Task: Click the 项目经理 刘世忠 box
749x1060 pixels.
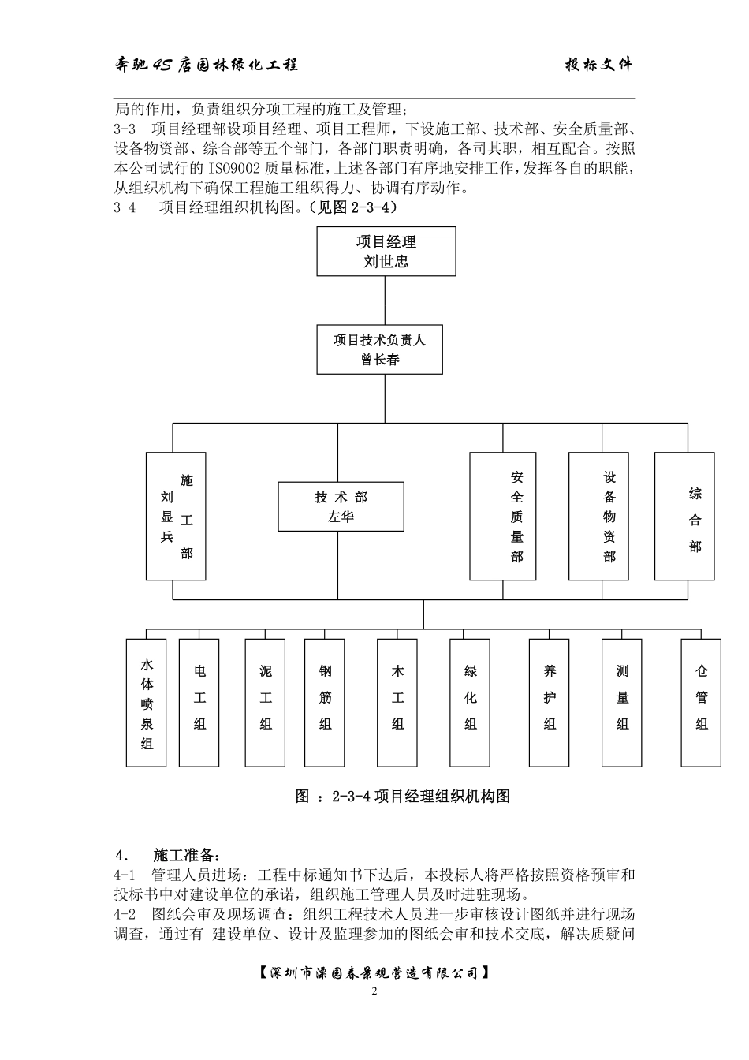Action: click(x=386, y=252)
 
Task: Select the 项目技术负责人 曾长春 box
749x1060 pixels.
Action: click(x=380, y=349)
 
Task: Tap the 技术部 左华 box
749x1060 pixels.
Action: click(x=341, y=506)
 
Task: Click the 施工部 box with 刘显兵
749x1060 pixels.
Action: click(x=176, y=517)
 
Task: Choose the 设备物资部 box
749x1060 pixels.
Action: click(x=598, y=517)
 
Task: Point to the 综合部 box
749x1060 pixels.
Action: click(x=684, y=517)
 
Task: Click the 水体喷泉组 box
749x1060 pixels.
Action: click(x=147, y=703)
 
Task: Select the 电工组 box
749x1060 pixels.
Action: click(x=199, y=703)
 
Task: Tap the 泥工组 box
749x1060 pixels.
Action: click(x=265, y=703)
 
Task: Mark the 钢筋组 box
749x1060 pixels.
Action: click(x=325, y=703)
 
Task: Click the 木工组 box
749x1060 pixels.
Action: click(x=397, y=703)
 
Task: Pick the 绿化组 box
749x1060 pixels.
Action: click(x=471, y=703)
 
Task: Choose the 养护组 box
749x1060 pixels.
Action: click(x=550, y=703)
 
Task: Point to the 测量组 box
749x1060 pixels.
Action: click(x=622, y=703)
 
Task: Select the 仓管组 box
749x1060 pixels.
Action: click(x=701, y=703)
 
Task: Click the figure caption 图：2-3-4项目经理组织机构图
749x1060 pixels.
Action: click(x=403, y=797)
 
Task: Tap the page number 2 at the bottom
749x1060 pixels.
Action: click(x=374, y=991)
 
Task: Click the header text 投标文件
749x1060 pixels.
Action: click(x=598, y=65)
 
